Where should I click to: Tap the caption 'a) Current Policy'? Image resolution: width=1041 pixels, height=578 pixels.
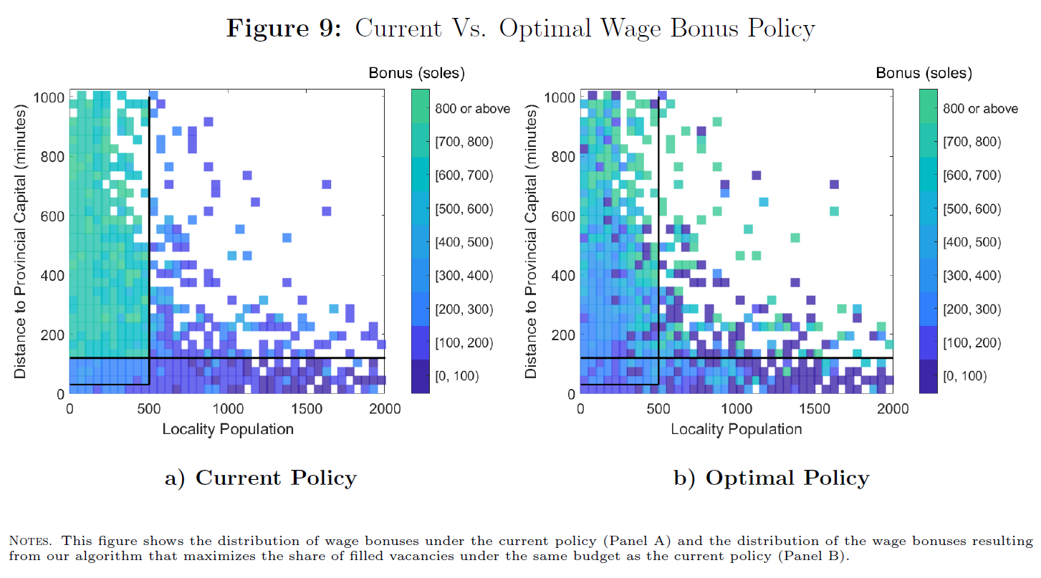click(260, 478)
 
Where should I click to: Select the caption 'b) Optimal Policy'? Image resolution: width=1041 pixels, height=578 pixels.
click(771, 478)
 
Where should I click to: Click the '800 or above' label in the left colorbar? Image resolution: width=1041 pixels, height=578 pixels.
click(472, 109)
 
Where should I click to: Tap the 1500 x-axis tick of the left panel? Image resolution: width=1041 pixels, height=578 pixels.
click(306, 409)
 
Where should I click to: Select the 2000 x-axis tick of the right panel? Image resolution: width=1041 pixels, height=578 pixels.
click(893, 409)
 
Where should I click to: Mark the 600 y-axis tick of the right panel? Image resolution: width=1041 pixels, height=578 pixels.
click(564, 216)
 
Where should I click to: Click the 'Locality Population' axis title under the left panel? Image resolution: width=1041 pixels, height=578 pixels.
click(227, 429)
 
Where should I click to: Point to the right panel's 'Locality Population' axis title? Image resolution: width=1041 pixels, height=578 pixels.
click(737, 429)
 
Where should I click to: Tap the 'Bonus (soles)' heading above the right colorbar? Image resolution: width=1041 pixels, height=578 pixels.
click(924, 72)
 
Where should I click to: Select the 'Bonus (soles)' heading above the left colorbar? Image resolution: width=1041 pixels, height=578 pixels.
click(416, 72)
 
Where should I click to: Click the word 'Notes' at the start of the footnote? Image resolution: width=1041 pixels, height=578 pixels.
click(29, 540)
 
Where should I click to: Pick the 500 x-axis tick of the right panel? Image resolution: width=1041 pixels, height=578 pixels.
click(658, 409)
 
